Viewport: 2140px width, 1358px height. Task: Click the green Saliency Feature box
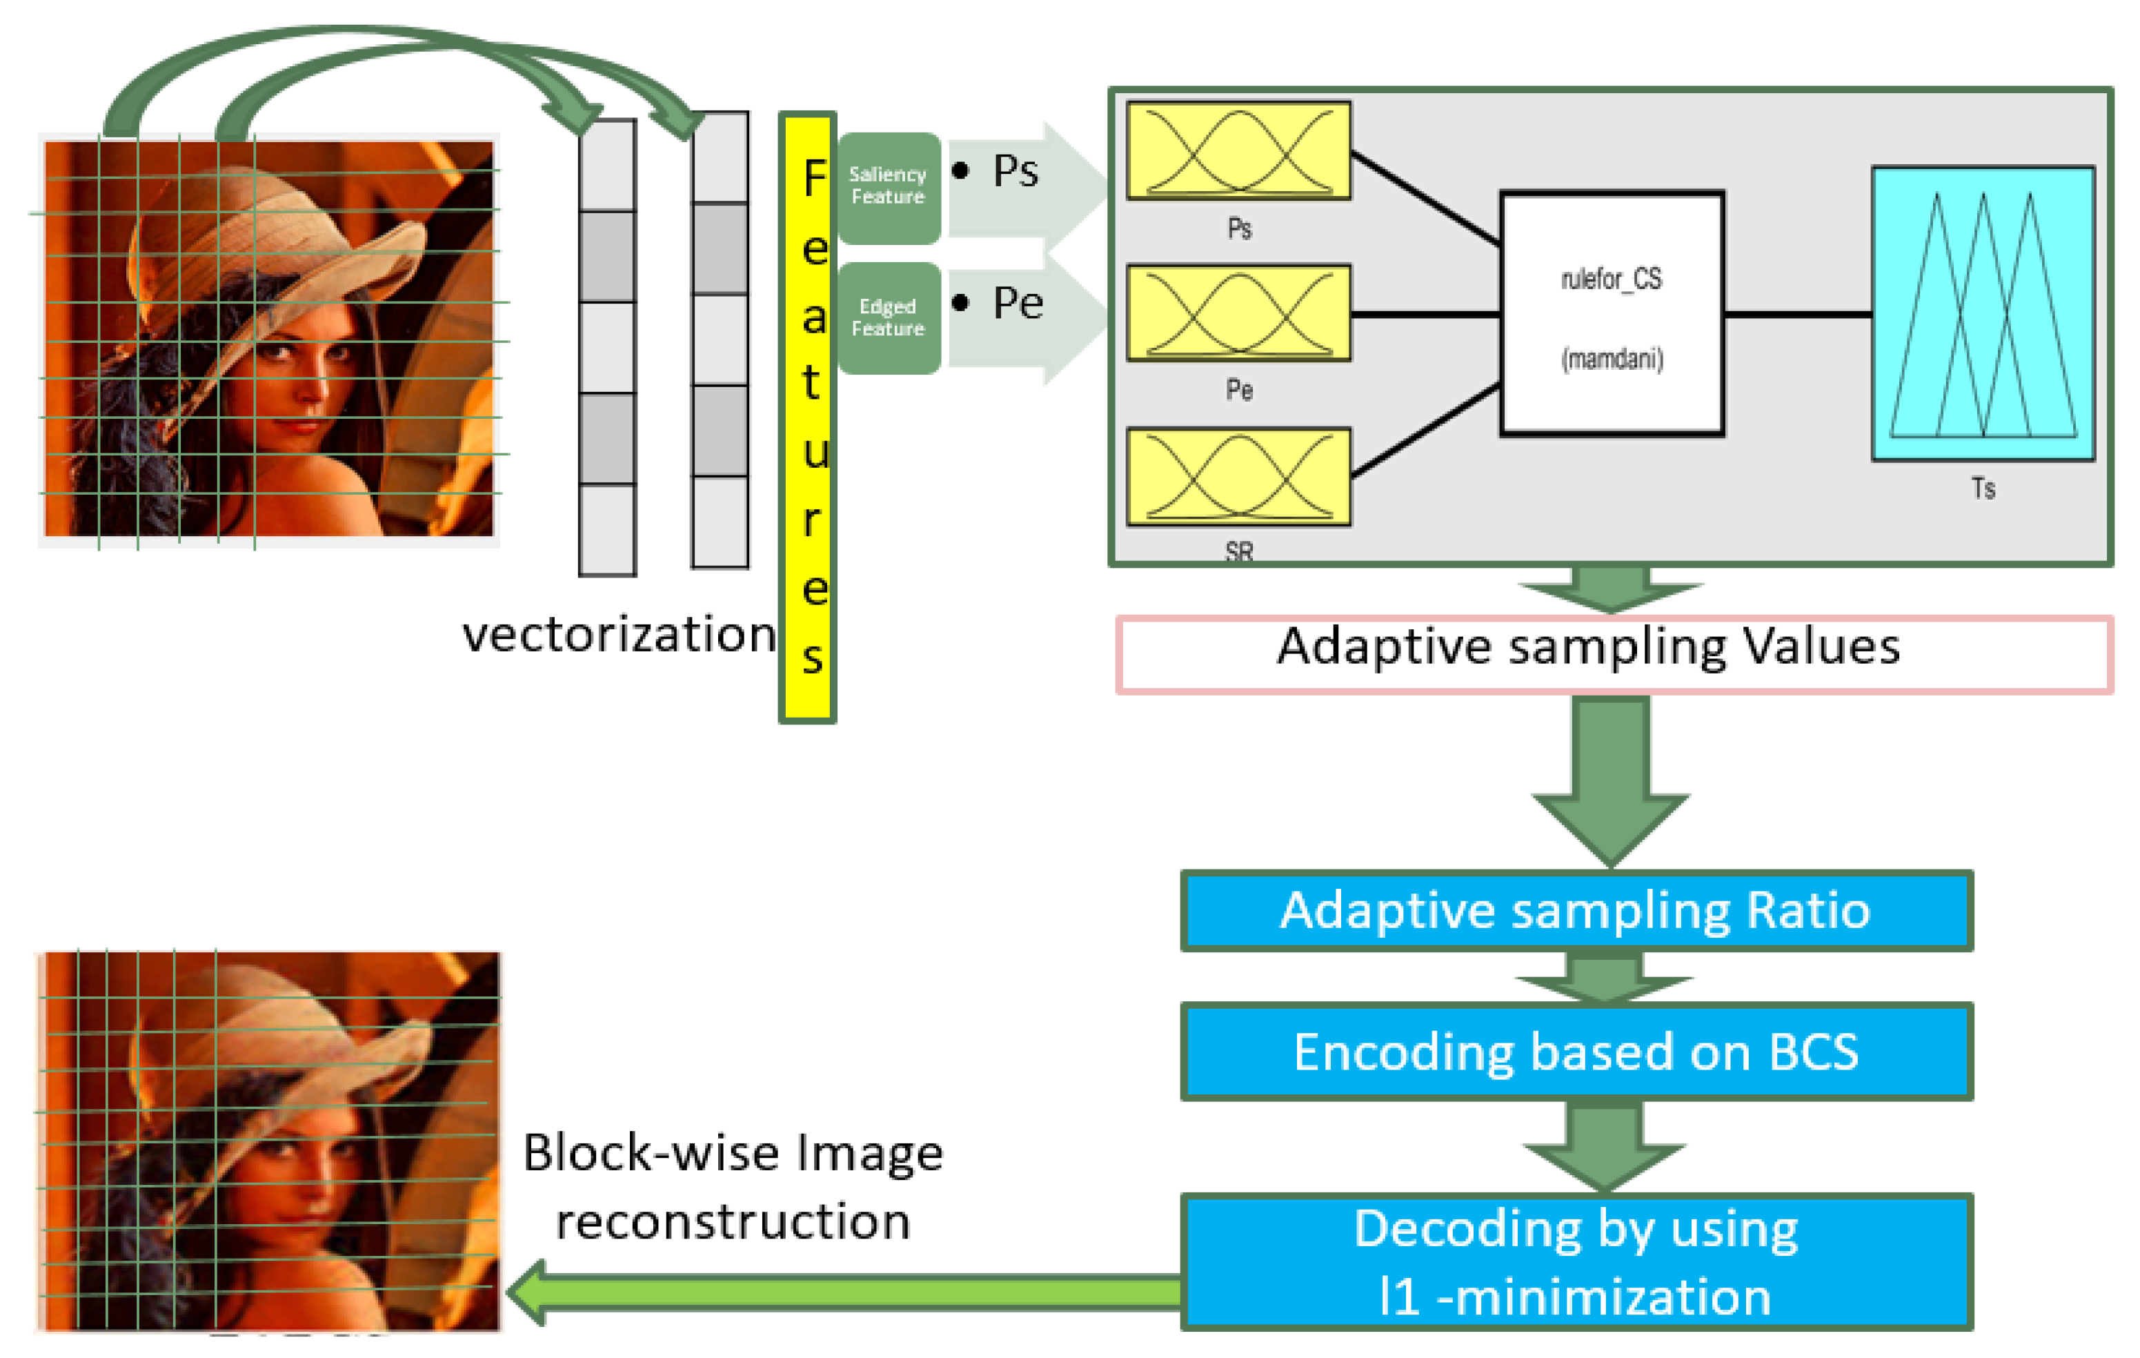click(x=888, y=186)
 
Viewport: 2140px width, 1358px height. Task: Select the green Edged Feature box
click(x=888, y=318)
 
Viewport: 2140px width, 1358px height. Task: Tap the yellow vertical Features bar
click(x=807, y=417)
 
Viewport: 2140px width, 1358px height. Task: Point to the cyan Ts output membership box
click(x=1983, y=314)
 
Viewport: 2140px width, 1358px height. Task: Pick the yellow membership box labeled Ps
click(x=1238, y=150)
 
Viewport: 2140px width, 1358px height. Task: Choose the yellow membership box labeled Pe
click(x=1238, y=313)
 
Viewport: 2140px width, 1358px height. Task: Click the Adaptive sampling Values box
click(x=1613, y=655)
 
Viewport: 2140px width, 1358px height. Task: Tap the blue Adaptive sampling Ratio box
click(x=1576, y=911)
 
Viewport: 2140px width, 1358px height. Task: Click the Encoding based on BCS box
click(x=1576, y=1052)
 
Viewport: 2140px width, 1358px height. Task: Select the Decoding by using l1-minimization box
click(x=1576, y=1262)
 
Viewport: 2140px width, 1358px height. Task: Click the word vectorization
click(x=619, y=635)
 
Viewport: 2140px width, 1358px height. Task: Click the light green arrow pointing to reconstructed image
click(x=844, y=1293)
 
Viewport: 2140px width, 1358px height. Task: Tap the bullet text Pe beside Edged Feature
click(x=1017, y=303)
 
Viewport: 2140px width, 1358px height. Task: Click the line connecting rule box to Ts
click(x=1797, y=314)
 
